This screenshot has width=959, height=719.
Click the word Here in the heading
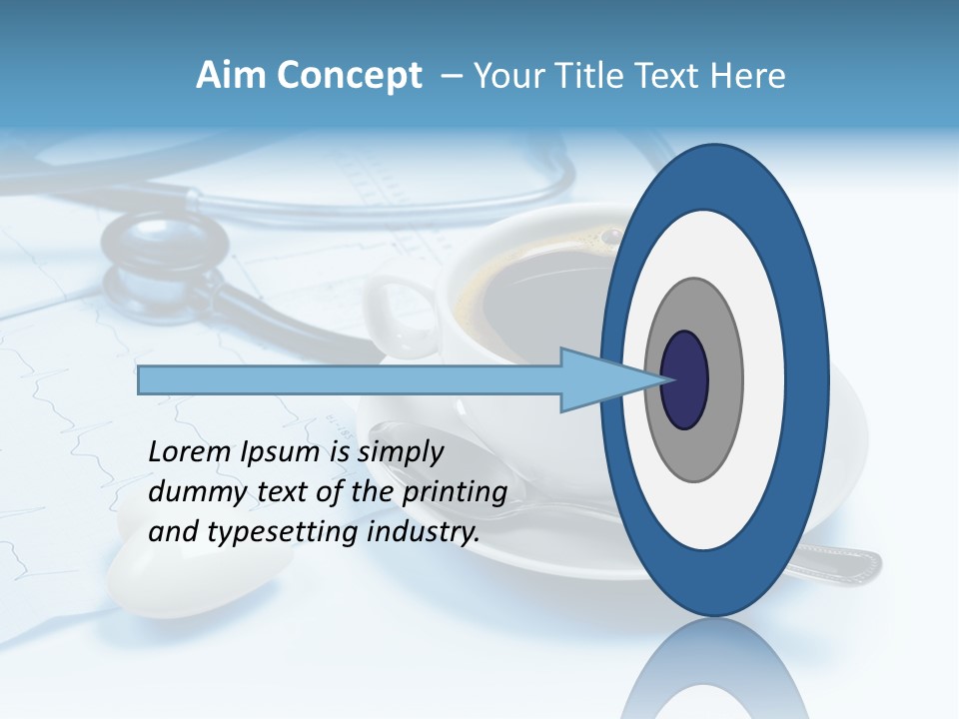click(748, 76)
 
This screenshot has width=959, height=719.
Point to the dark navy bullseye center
click(684, 379)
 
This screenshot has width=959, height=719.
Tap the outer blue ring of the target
click(713, 176)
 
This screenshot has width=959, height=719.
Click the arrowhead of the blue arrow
click(599, 379)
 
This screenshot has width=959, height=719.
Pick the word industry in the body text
click(424, 532)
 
